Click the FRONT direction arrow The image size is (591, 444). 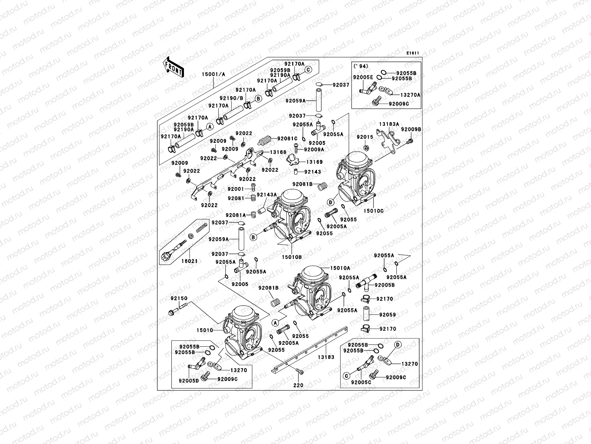(x=174, y=67)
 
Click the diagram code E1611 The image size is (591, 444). (x=413, y=53)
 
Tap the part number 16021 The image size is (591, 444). (x=190, y=261)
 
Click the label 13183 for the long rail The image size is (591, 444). (x=326, y=357)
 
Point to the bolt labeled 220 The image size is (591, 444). (x=298, y=385)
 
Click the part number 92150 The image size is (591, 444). (x=179, y=298)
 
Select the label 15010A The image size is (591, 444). (x=340, y=268)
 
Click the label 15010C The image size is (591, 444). (x=373, y=211)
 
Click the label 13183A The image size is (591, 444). (x=389, y=125)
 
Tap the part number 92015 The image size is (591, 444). (x=365, y=137)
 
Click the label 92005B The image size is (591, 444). (x=385, y=285)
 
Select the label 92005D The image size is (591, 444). (x=189, y=380)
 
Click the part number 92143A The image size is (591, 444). (x=267, y=195)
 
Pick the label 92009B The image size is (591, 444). (x=411, y=129)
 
